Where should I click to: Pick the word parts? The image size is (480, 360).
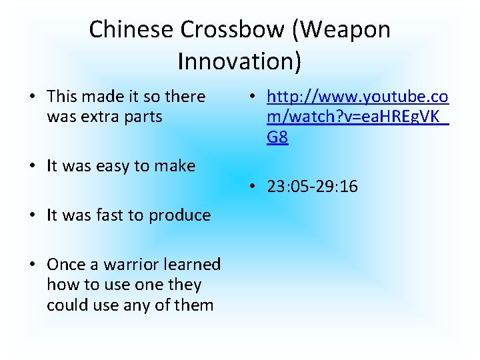(142, 117)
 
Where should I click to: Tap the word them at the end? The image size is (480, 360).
(194, 305)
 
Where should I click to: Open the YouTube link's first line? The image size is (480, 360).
(357, 97)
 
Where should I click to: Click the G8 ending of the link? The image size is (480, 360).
(277, 138)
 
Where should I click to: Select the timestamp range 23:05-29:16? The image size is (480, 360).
(312, 187)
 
